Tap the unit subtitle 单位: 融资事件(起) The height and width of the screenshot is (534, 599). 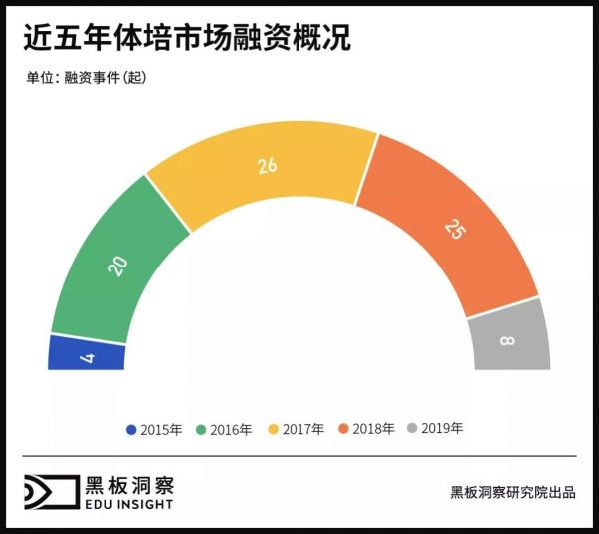pos(87,77)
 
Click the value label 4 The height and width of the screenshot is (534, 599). pos(88,355)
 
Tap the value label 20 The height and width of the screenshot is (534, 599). pos(118,267)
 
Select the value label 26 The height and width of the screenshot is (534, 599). pos(267,166)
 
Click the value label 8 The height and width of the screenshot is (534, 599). pos(508,341)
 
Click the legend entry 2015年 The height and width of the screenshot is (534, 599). pos(154,429)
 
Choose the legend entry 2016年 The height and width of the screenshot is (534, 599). pos(226,429)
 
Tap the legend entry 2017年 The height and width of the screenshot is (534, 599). pos(297,429)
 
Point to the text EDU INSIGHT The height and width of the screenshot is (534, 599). pos(129,505)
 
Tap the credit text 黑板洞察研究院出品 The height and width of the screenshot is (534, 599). pos(512,492)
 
